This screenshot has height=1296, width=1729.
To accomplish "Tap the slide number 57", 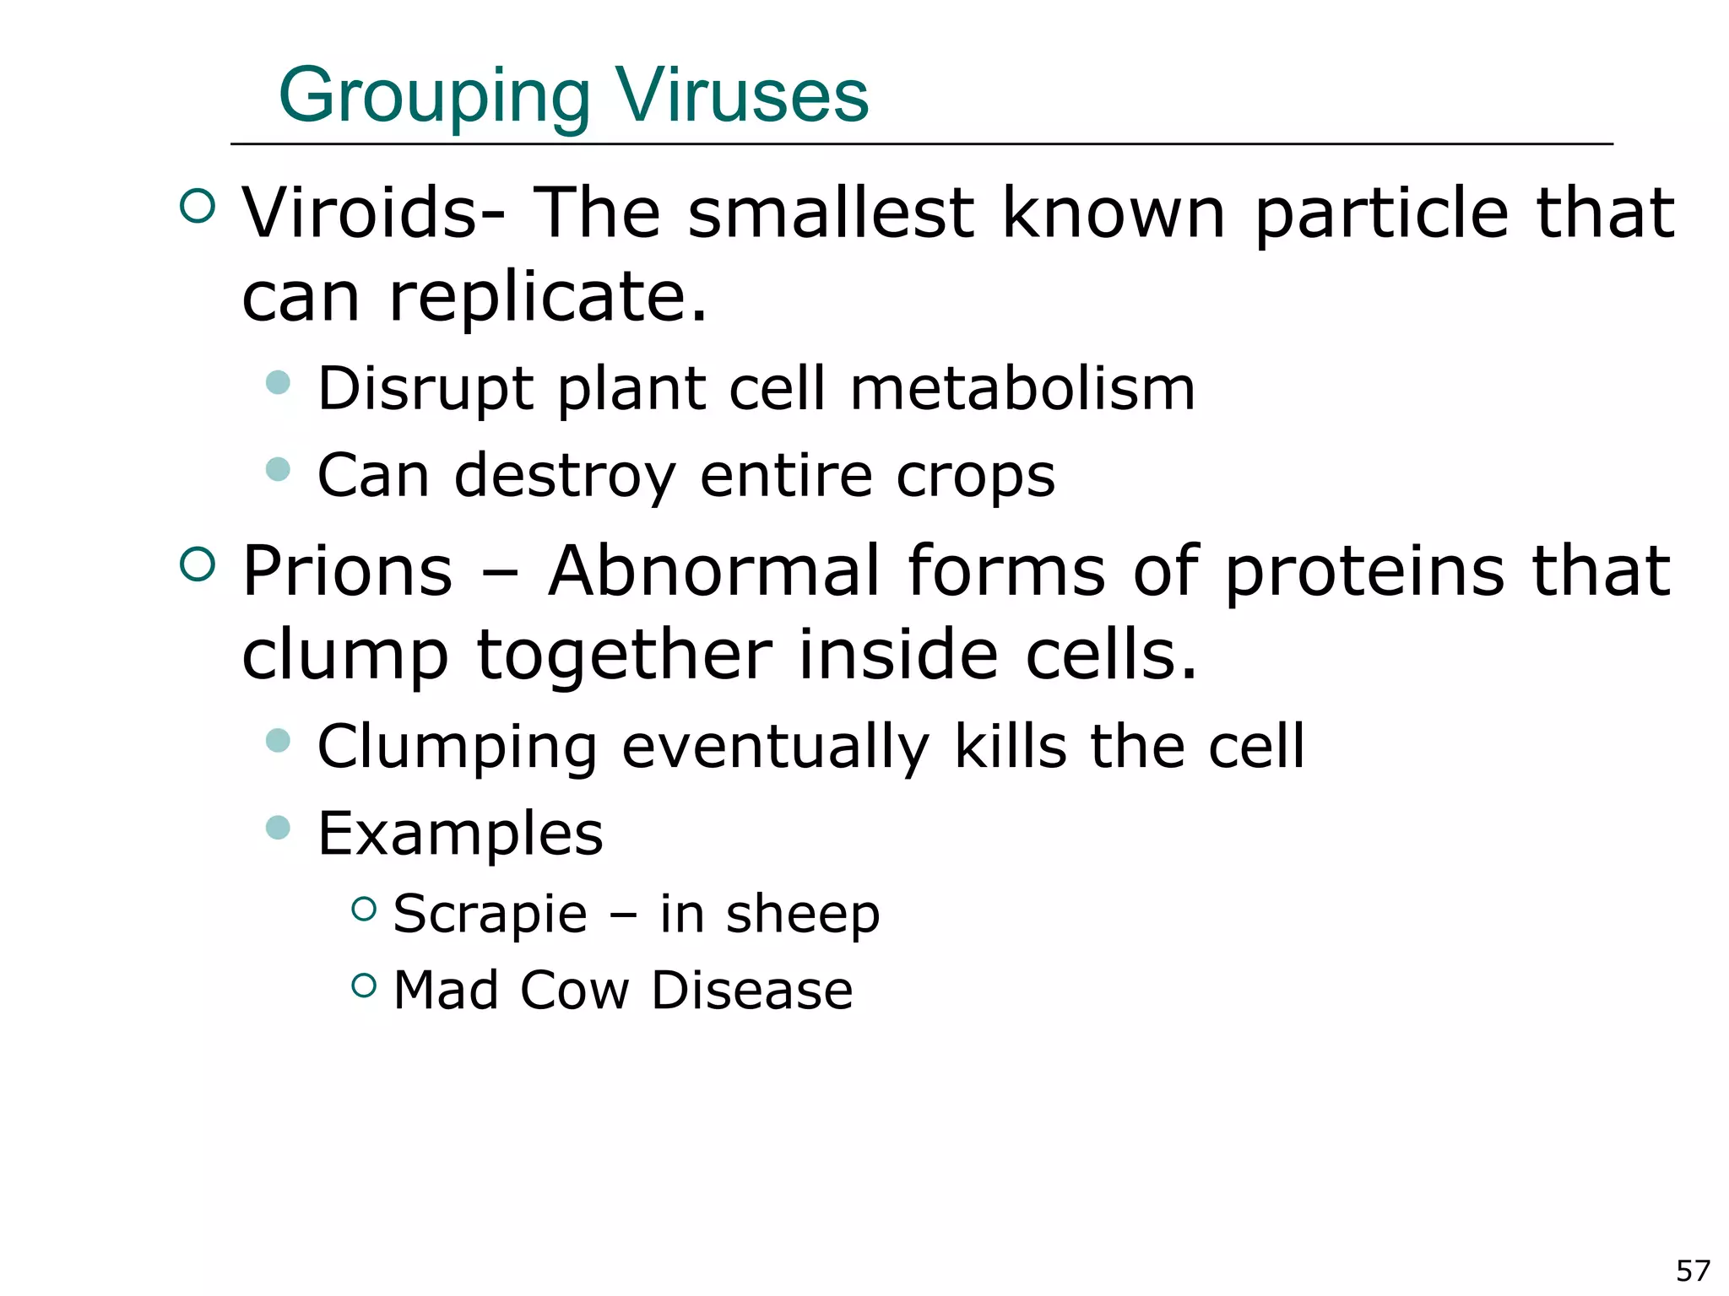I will click(x=1693, y=1271).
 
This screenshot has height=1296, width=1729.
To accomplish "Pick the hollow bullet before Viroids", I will click(x=198, y=206).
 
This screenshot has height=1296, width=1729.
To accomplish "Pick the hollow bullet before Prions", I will click(x=198, y=564).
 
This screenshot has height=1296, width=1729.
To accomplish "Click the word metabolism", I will click(x=1022, y=389).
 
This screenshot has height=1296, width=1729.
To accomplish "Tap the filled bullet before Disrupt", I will click(x=278, y=382).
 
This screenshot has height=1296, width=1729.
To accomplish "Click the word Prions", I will click(x=347, y=571).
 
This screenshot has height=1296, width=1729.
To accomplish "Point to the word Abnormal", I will click(x=713, y=571).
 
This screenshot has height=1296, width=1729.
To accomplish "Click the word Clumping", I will click(x=457, y=748).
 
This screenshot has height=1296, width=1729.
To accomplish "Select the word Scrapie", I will click(x=490, y=914).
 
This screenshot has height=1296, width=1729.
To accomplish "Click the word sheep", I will click(x=802, y=914).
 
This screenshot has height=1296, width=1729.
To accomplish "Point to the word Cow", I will click(x=574, y=990).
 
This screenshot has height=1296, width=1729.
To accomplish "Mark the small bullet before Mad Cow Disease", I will click(x=363, y=985).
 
